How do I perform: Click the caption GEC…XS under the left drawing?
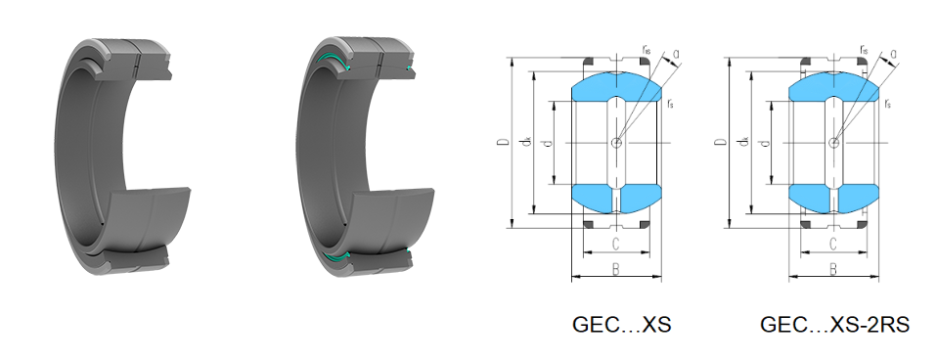(x=621, y=325)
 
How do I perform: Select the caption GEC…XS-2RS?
(x=835, y=325)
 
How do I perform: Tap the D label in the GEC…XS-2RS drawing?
(x=722, y=142)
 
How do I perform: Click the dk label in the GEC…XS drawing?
(x=526, y=142)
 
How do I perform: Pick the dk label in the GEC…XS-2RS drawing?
(x=744, y=142)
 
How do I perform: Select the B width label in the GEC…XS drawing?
(x=616, y=270)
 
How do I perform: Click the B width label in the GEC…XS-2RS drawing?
(x=833, y=270)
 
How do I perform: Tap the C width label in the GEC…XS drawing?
(x=616, y=244)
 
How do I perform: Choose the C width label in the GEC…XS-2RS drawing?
(x=833, y=244)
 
